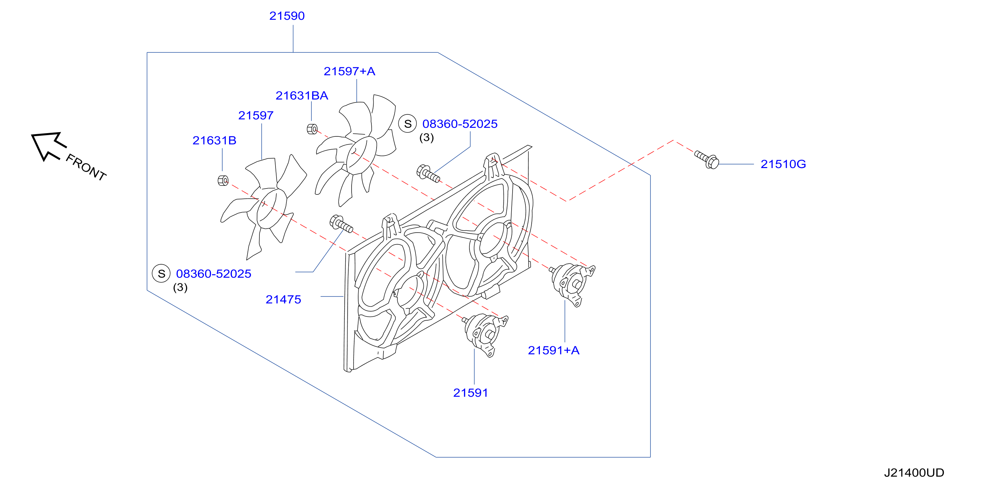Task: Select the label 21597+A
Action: [349, 71]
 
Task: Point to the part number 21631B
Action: [214, 141]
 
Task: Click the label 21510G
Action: [783, 164]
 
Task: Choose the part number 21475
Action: [283, 300]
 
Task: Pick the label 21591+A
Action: [553, 350]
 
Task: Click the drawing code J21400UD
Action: [914, 473]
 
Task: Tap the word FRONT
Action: [86, 167]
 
